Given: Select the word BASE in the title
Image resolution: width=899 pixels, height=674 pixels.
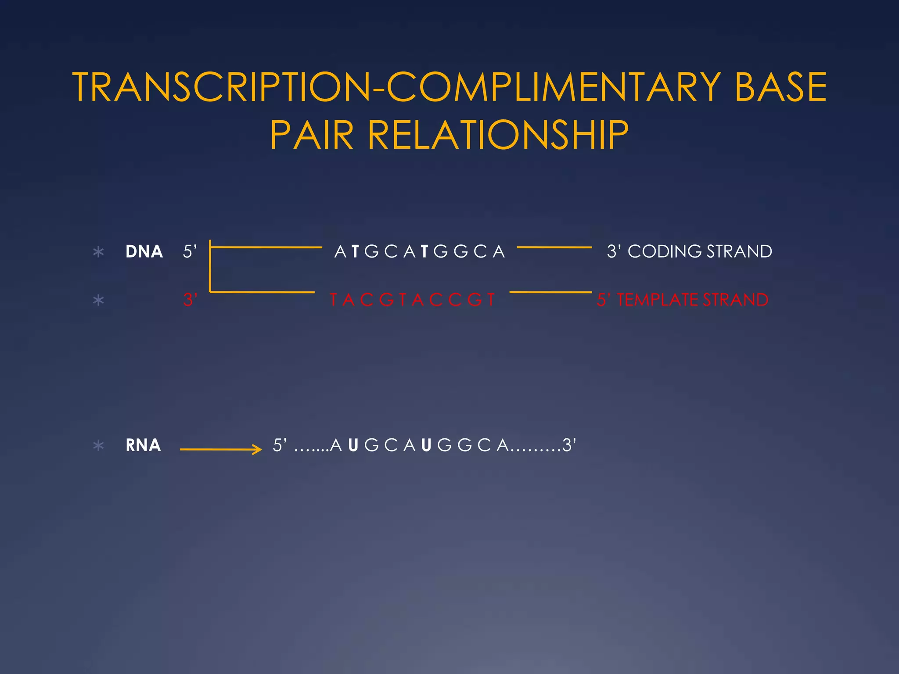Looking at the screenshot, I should pos(780,87).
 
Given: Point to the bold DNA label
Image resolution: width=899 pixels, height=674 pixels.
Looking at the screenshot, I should pos(144,252).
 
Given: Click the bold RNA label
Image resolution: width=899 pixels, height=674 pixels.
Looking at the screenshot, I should pos(143,445).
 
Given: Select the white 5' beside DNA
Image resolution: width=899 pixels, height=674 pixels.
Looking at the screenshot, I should pos(190,252).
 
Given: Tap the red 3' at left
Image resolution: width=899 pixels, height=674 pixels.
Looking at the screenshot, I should pos(190,300).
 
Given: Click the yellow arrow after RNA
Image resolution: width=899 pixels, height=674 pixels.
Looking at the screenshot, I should pos(221,449).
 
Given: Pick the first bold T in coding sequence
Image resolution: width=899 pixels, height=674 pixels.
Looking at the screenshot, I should pos(355,252).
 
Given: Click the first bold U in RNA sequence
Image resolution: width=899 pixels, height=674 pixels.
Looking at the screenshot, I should pos(353,445).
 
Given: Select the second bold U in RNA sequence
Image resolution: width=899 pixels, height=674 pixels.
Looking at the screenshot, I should pos(426,445).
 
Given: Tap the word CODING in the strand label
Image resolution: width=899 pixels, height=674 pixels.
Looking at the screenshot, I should pos(665,252).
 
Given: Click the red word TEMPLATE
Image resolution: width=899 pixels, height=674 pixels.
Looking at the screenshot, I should pos(658,300).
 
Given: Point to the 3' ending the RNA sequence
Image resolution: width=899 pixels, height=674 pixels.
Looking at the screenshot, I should pos(569,445).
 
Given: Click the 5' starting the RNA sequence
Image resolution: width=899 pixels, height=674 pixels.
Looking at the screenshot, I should pos(280,445).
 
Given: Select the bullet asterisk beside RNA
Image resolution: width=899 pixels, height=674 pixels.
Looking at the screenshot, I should pos(99,446).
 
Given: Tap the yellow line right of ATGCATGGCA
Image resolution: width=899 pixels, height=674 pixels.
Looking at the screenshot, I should pos(554,247).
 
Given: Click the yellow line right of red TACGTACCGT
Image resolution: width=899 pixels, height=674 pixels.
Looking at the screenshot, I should pos(550,292).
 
